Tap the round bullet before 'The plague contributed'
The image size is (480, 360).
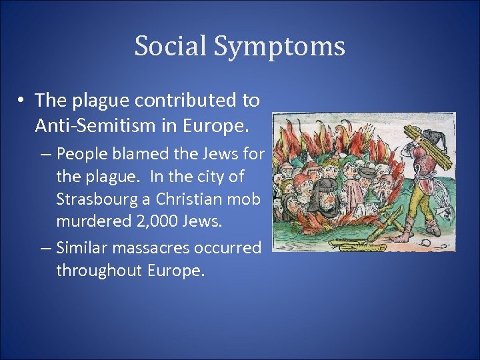23,101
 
